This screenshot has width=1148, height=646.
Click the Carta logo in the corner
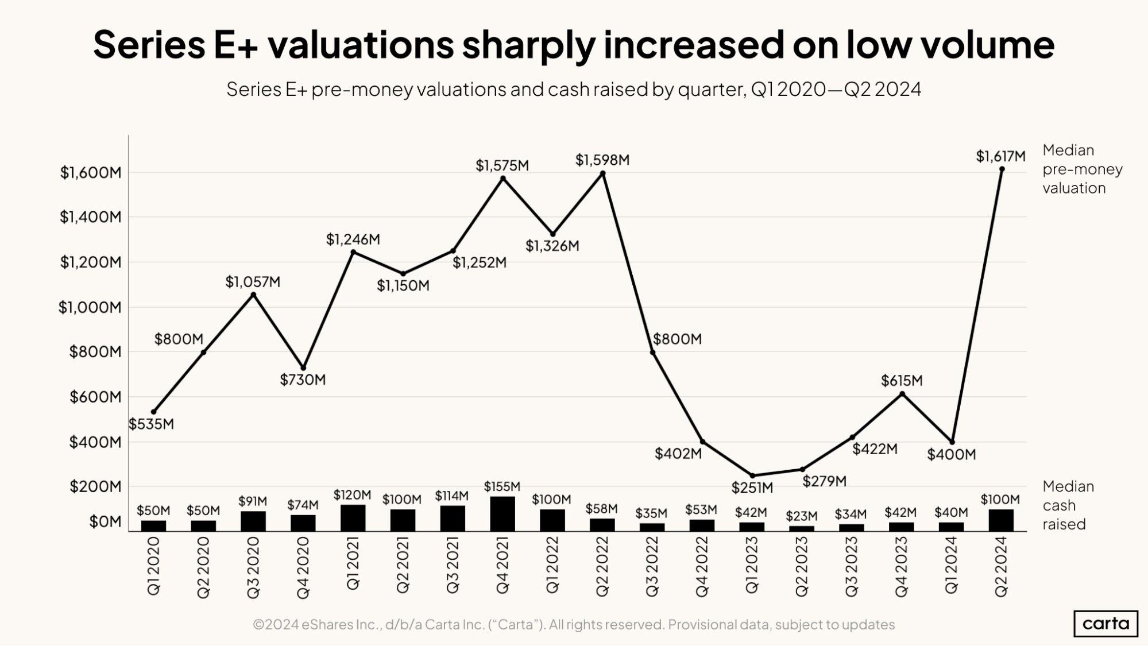1106,624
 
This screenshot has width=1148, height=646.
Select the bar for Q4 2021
503,514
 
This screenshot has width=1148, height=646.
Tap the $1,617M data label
1000,156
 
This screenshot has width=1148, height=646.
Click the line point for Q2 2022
602,173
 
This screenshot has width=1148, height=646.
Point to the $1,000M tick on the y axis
90,307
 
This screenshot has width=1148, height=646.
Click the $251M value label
752,488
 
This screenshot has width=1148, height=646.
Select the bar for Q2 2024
1001,520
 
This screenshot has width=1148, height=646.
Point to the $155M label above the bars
502,487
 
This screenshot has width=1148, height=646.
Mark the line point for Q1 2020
153,412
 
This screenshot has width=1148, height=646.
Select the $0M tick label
105,522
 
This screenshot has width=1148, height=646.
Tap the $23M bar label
801,516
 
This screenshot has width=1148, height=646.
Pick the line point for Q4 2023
902,394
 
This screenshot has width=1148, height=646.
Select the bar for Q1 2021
353,518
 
